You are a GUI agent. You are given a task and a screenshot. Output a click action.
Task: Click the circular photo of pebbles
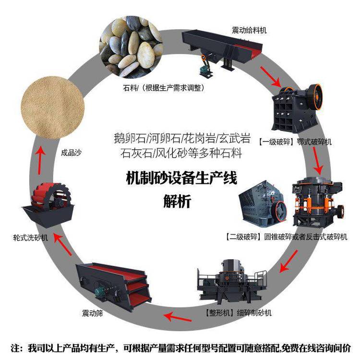(x=131, y=48)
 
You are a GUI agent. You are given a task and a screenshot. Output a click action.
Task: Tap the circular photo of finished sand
(x=53, y=108)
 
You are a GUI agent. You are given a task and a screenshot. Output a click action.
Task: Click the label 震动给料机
(x=249, y=30)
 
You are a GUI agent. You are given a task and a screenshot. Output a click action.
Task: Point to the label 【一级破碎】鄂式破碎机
(x=295, y=142)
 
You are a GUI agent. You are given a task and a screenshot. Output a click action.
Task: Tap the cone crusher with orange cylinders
(x=318, y=202)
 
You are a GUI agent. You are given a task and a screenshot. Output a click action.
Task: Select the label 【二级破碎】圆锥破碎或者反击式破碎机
(x=286, y=237)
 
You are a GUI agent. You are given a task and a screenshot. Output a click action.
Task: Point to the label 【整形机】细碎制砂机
(x=238, y=312)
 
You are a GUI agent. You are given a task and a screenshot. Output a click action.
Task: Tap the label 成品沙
(x=71, y=153)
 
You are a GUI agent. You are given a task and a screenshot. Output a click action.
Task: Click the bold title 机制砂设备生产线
(x=181, y=178)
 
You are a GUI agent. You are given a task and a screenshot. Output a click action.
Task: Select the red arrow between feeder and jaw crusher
(x=271, y=76)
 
